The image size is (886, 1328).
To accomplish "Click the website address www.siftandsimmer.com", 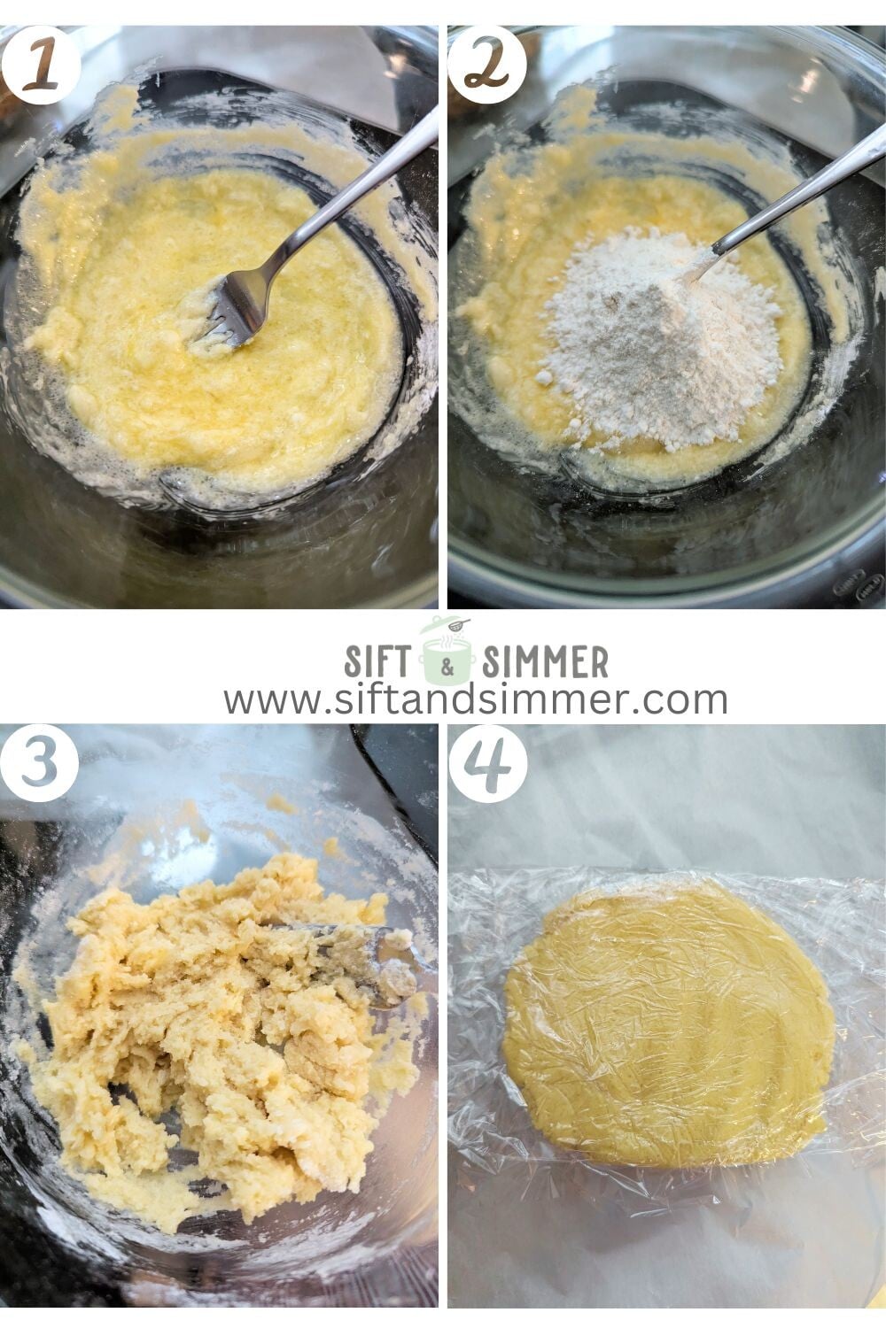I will point(475,699).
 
